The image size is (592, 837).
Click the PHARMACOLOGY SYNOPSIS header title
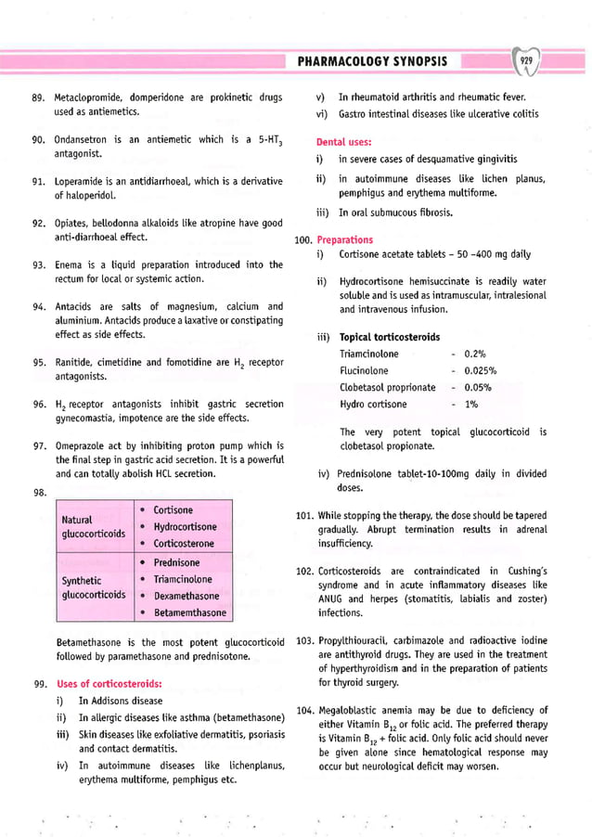(372, 61)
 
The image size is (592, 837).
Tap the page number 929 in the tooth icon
(526, 61)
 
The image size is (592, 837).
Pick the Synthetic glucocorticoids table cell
(93, 587)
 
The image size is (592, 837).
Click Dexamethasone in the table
(187, 596)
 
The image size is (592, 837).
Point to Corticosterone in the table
(186, 544)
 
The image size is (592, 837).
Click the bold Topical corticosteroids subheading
(390, 337)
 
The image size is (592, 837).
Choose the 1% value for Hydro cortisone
(471, 404)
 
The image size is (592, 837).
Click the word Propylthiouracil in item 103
(356, 641)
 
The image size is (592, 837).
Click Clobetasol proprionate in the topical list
(387, 387)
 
